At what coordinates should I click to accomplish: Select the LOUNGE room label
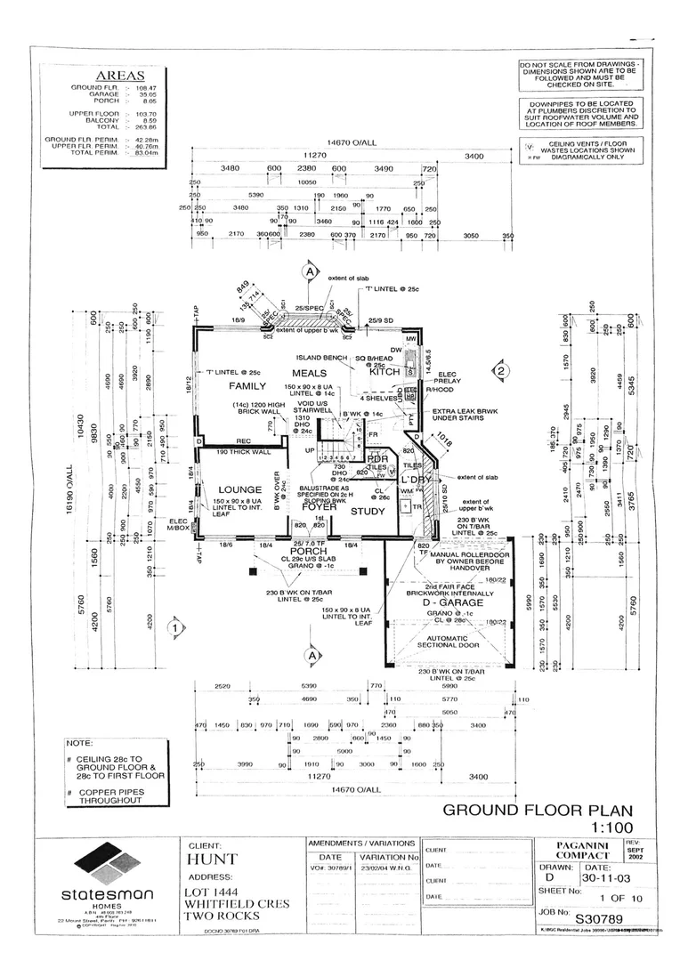tap(239, 489)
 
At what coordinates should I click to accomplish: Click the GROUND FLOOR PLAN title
tap(538, 810)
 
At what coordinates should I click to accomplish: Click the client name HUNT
tap(212, 860)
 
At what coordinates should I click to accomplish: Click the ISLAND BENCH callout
tap(328, 358)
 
